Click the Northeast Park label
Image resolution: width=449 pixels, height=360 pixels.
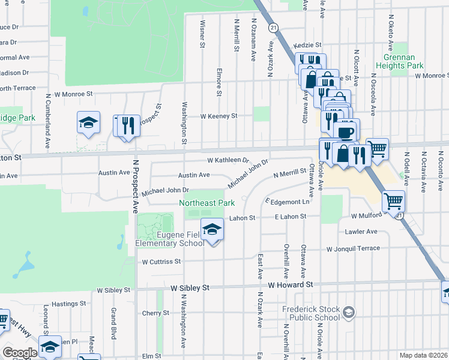(207, 203)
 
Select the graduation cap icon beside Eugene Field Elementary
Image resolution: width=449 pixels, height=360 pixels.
(211, 230)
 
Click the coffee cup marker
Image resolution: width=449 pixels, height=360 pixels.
(347, 131)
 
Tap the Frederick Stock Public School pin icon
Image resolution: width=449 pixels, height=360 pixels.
(349, 313)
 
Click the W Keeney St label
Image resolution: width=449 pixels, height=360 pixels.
(218, 116)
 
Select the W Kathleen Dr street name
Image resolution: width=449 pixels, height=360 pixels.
(228, 161)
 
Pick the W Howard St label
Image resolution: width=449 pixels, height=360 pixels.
(291, 285)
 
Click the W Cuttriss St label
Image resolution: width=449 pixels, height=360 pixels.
(161, 262)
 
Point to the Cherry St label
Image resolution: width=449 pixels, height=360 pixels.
(155, 313)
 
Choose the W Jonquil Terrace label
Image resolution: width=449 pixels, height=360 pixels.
(354, 249)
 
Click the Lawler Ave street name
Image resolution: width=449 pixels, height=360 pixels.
(361, 232)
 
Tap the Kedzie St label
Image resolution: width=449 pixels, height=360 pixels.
(307, 45)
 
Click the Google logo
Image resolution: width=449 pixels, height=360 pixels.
(20, 352)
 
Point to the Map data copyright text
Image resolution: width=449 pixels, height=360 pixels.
(423, 355)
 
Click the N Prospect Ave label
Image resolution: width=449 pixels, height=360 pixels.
(135, 192)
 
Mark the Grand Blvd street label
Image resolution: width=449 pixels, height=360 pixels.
(113, 324)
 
